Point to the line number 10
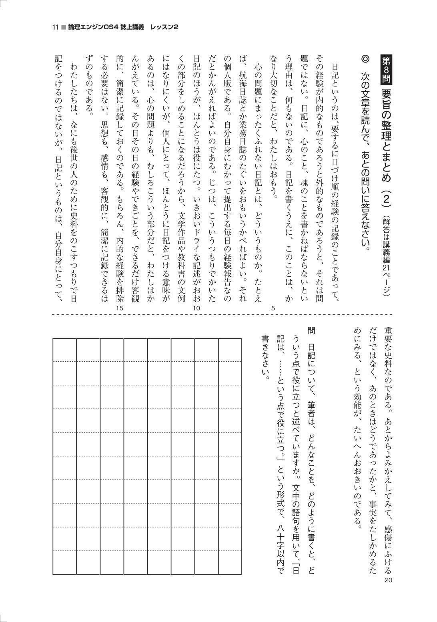click(x=196, y=308)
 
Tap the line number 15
click(x=119, y=308)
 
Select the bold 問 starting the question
click(x=311, y=331)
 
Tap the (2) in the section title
click(x=387, y=199)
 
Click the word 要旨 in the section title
click(x=387, y=99)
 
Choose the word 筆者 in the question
click(x=311, y=410)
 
